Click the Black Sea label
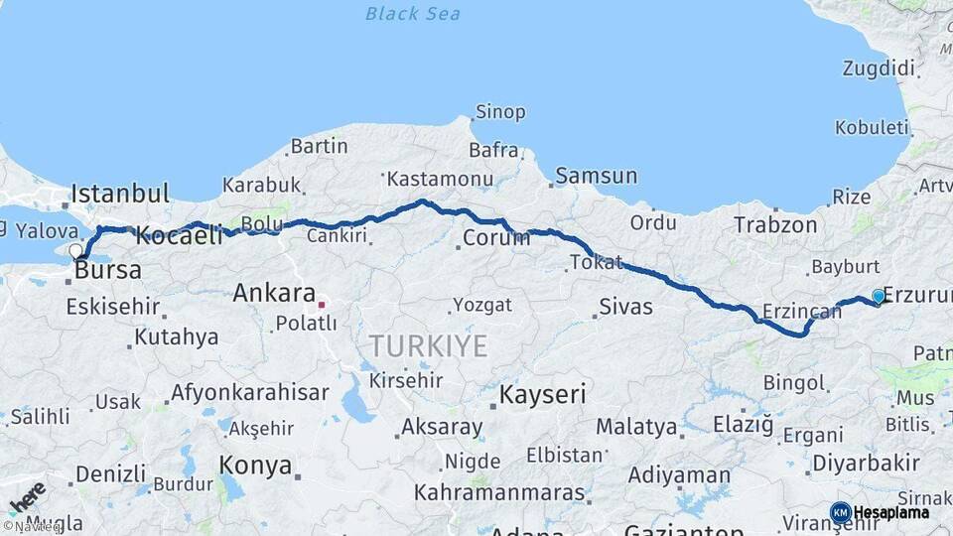[413, 14]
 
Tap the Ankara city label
[273, 294]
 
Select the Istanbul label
[120, 193]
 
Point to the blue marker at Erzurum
[878, 296]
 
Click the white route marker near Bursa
[75, 250]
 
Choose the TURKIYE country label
[428, 346]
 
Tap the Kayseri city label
[542, 394]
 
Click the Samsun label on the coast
[597, 176]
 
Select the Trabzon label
[774, 225]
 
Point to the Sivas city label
[625, 307]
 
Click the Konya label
[255, 466]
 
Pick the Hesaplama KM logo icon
[841, 512]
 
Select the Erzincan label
[801, 312]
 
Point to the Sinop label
[500, 112]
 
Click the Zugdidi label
[878, 68]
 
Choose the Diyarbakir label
[866, 463]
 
